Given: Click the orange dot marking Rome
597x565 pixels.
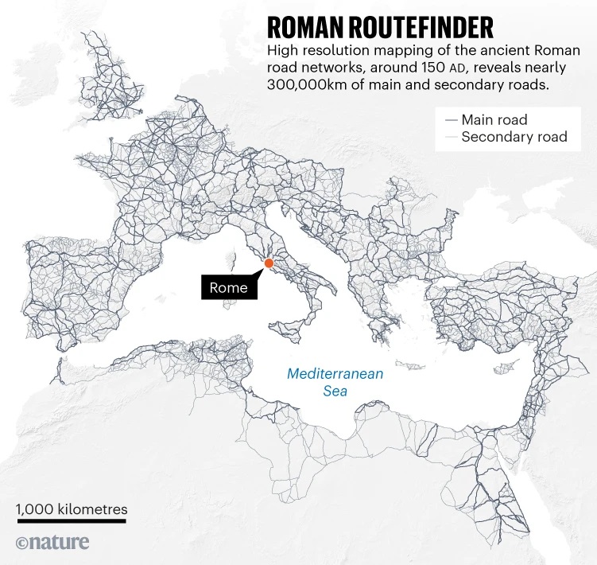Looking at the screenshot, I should [269, 263].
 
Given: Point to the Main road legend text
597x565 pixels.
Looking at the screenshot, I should [494, 120].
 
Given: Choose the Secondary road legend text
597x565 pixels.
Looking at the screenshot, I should [514, 137].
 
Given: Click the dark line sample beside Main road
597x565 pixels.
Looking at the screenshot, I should [452, 120].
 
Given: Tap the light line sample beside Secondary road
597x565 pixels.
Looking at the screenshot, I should [452, 137].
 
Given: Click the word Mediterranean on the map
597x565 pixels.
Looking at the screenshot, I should [335, 373].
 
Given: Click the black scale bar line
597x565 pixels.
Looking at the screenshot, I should [72, 522].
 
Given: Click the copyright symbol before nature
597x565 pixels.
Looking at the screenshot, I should [22, 544].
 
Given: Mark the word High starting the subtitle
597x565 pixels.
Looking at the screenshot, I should [282, 52].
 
